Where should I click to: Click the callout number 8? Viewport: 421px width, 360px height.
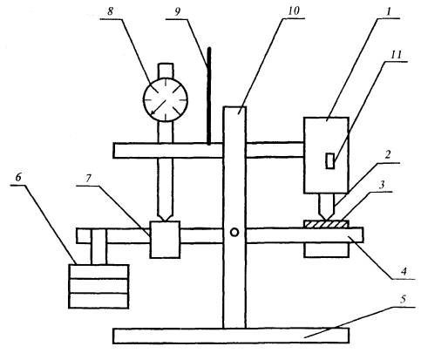coord(110,11)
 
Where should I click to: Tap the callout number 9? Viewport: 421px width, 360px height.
coord(178,11)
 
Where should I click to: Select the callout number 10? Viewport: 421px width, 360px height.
coord(294,11)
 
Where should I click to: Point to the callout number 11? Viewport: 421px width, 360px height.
coord(396,55)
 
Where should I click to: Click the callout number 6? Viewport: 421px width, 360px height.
coord(18,178)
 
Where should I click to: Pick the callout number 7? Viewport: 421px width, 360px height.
coord(89,179)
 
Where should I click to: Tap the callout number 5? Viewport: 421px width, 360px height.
coord(403,300)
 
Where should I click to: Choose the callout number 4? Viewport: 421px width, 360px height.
coord(404,272)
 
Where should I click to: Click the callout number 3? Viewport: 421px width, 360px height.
coord(382,185)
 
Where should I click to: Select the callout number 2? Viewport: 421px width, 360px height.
coord(388,155)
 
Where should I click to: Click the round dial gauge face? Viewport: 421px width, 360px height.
coord(166,99)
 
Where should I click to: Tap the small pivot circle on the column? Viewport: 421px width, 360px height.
coord(234,232)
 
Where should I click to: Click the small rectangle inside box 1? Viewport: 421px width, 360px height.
coord(330,160)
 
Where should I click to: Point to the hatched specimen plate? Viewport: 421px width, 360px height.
coord(326,224)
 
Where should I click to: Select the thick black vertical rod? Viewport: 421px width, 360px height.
coord(209,96)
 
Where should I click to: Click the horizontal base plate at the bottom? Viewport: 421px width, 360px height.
coord(231,336)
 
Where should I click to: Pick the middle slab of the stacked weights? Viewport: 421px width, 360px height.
coord(98,286)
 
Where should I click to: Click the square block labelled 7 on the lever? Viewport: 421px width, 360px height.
coord(165,240)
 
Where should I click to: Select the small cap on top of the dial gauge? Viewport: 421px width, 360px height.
coord(166,71)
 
